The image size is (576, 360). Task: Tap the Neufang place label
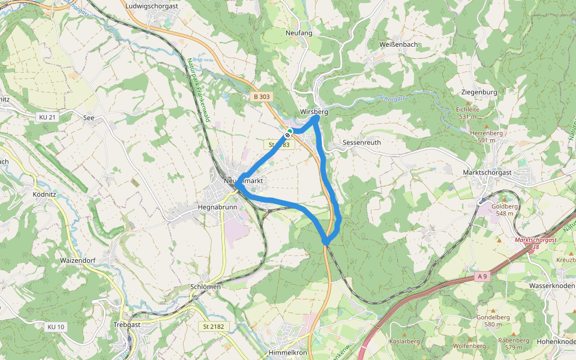click(299, 33)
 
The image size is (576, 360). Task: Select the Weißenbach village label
click(398, 45)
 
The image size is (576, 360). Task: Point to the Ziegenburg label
click(479, 92)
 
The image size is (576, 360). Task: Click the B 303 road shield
click(261, 96)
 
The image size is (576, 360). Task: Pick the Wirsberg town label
click(314, 112)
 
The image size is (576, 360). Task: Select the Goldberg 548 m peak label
click(504, 209)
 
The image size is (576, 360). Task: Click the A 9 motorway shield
click(481, 277)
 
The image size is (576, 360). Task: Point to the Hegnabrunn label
click(217, 207)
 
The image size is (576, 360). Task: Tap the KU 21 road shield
click(46, 117)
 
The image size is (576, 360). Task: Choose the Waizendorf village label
click(78, 261)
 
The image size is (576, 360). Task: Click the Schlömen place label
click(205, 287)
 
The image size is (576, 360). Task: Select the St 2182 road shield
click(214, 326)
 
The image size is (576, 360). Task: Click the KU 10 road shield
click(55, 326)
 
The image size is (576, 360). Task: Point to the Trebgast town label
click(127, 325)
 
